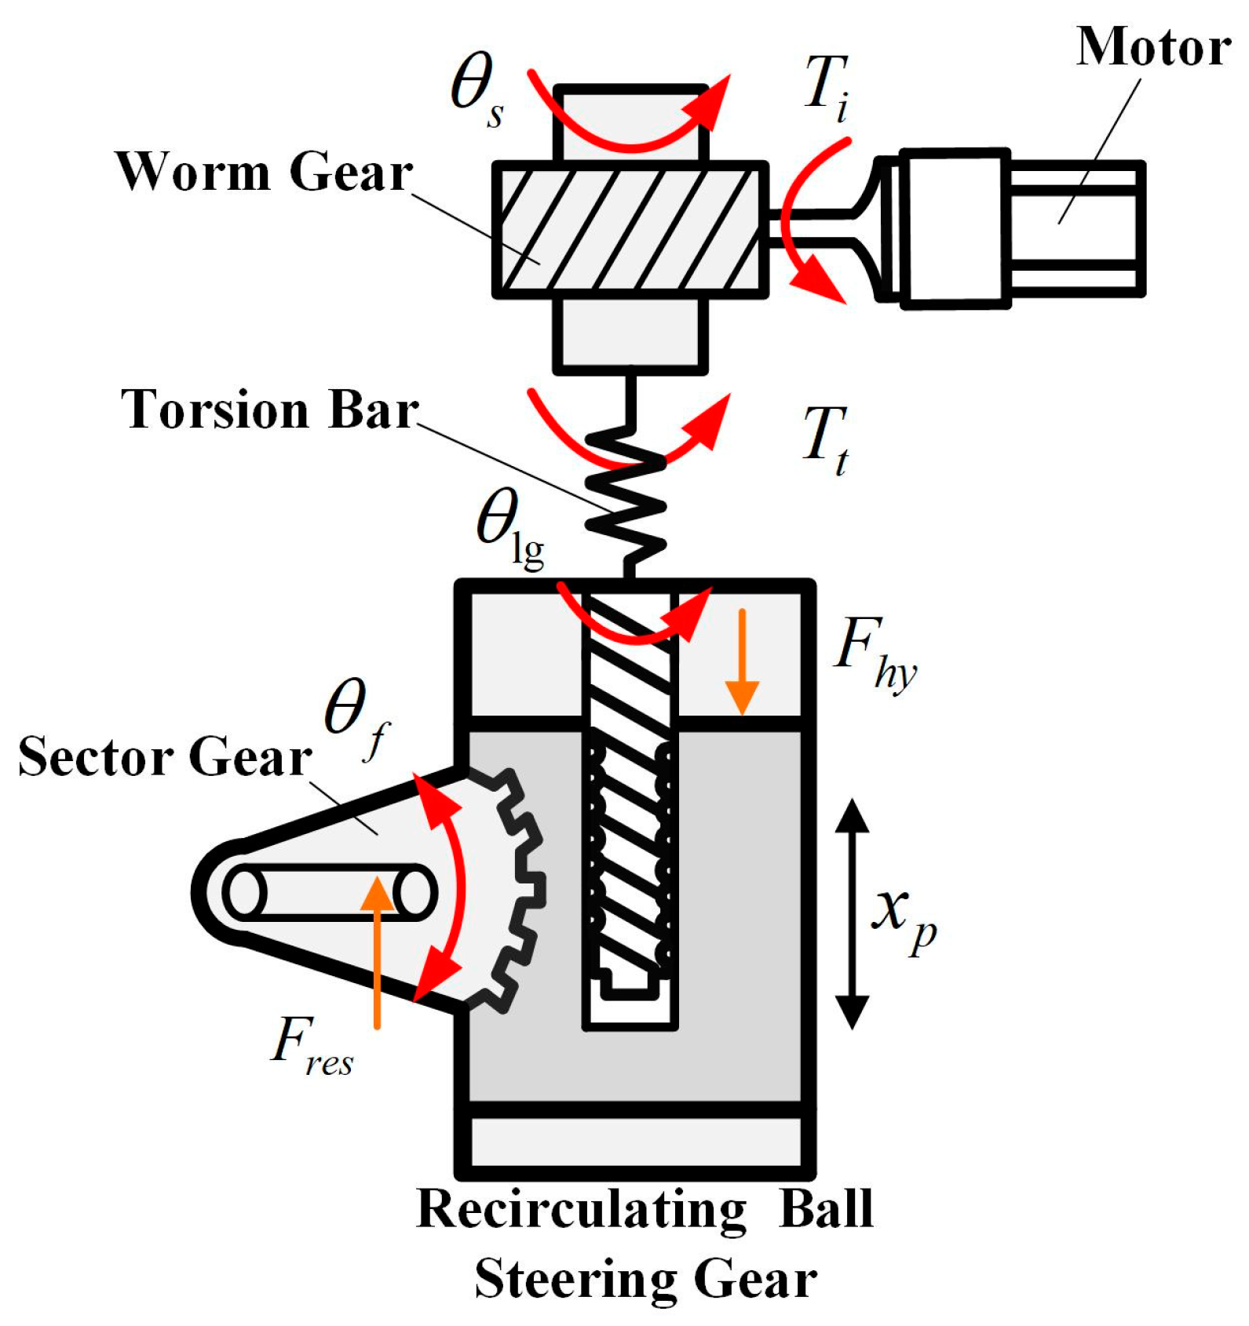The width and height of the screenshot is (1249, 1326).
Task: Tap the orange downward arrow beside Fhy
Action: coord(741,663)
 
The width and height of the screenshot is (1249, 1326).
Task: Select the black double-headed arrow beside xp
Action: coord(852,914)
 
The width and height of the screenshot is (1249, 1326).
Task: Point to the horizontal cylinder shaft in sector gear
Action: coord(330,892)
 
